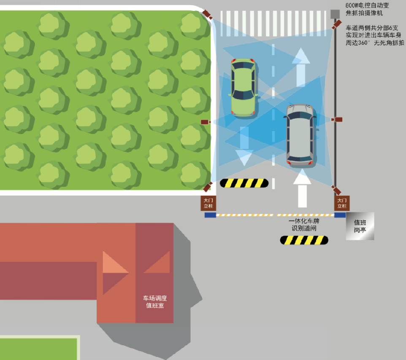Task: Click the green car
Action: coord(243,86)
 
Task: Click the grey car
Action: coord(300,135)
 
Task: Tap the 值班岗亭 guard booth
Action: coord(360,226)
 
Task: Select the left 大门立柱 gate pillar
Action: coord(208,203)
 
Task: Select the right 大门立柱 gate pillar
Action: coord(342,203)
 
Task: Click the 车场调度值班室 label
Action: coord(155,301)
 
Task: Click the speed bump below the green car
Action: coord(244,183)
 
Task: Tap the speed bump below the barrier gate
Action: coord(304,240)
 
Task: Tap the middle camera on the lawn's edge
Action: coord(205,122)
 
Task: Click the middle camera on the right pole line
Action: coord(337,120)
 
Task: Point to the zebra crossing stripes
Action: coord(274,18)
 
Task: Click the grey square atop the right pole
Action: coord(335,14)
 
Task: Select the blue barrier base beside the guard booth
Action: coord(340,215)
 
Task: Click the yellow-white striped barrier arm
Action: coord(274,215)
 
